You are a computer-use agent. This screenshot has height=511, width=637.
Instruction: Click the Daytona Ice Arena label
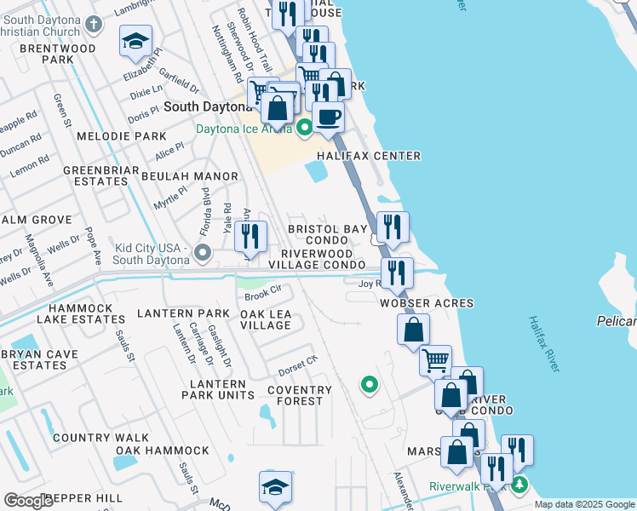click(x=244, y=129)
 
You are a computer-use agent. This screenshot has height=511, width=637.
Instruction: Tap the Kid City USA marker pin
click(x=203, y=253)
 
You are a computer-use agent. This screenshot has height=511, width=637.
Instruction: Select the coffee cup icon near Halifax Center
click(x=328, y=118)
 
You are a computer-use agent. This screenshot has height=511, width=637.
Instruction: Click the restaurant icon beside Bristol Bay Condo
click(x=393, y=227)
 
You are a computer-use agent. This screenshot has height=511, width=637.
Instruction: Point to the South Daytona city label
click(x=208, y=107)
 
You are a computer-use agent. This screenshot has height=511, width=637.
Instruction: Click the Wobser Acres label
click(x=427, y=303)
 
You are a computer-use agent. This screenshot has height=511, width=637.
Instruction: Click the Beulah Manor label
click(x=189, y=176)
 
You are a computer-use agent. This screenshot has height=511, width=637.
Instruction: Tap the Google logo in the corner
click(x=28, y=501)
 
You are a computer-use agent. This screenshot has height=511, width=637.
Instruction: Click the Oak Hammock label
click(x=163, y=451)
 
